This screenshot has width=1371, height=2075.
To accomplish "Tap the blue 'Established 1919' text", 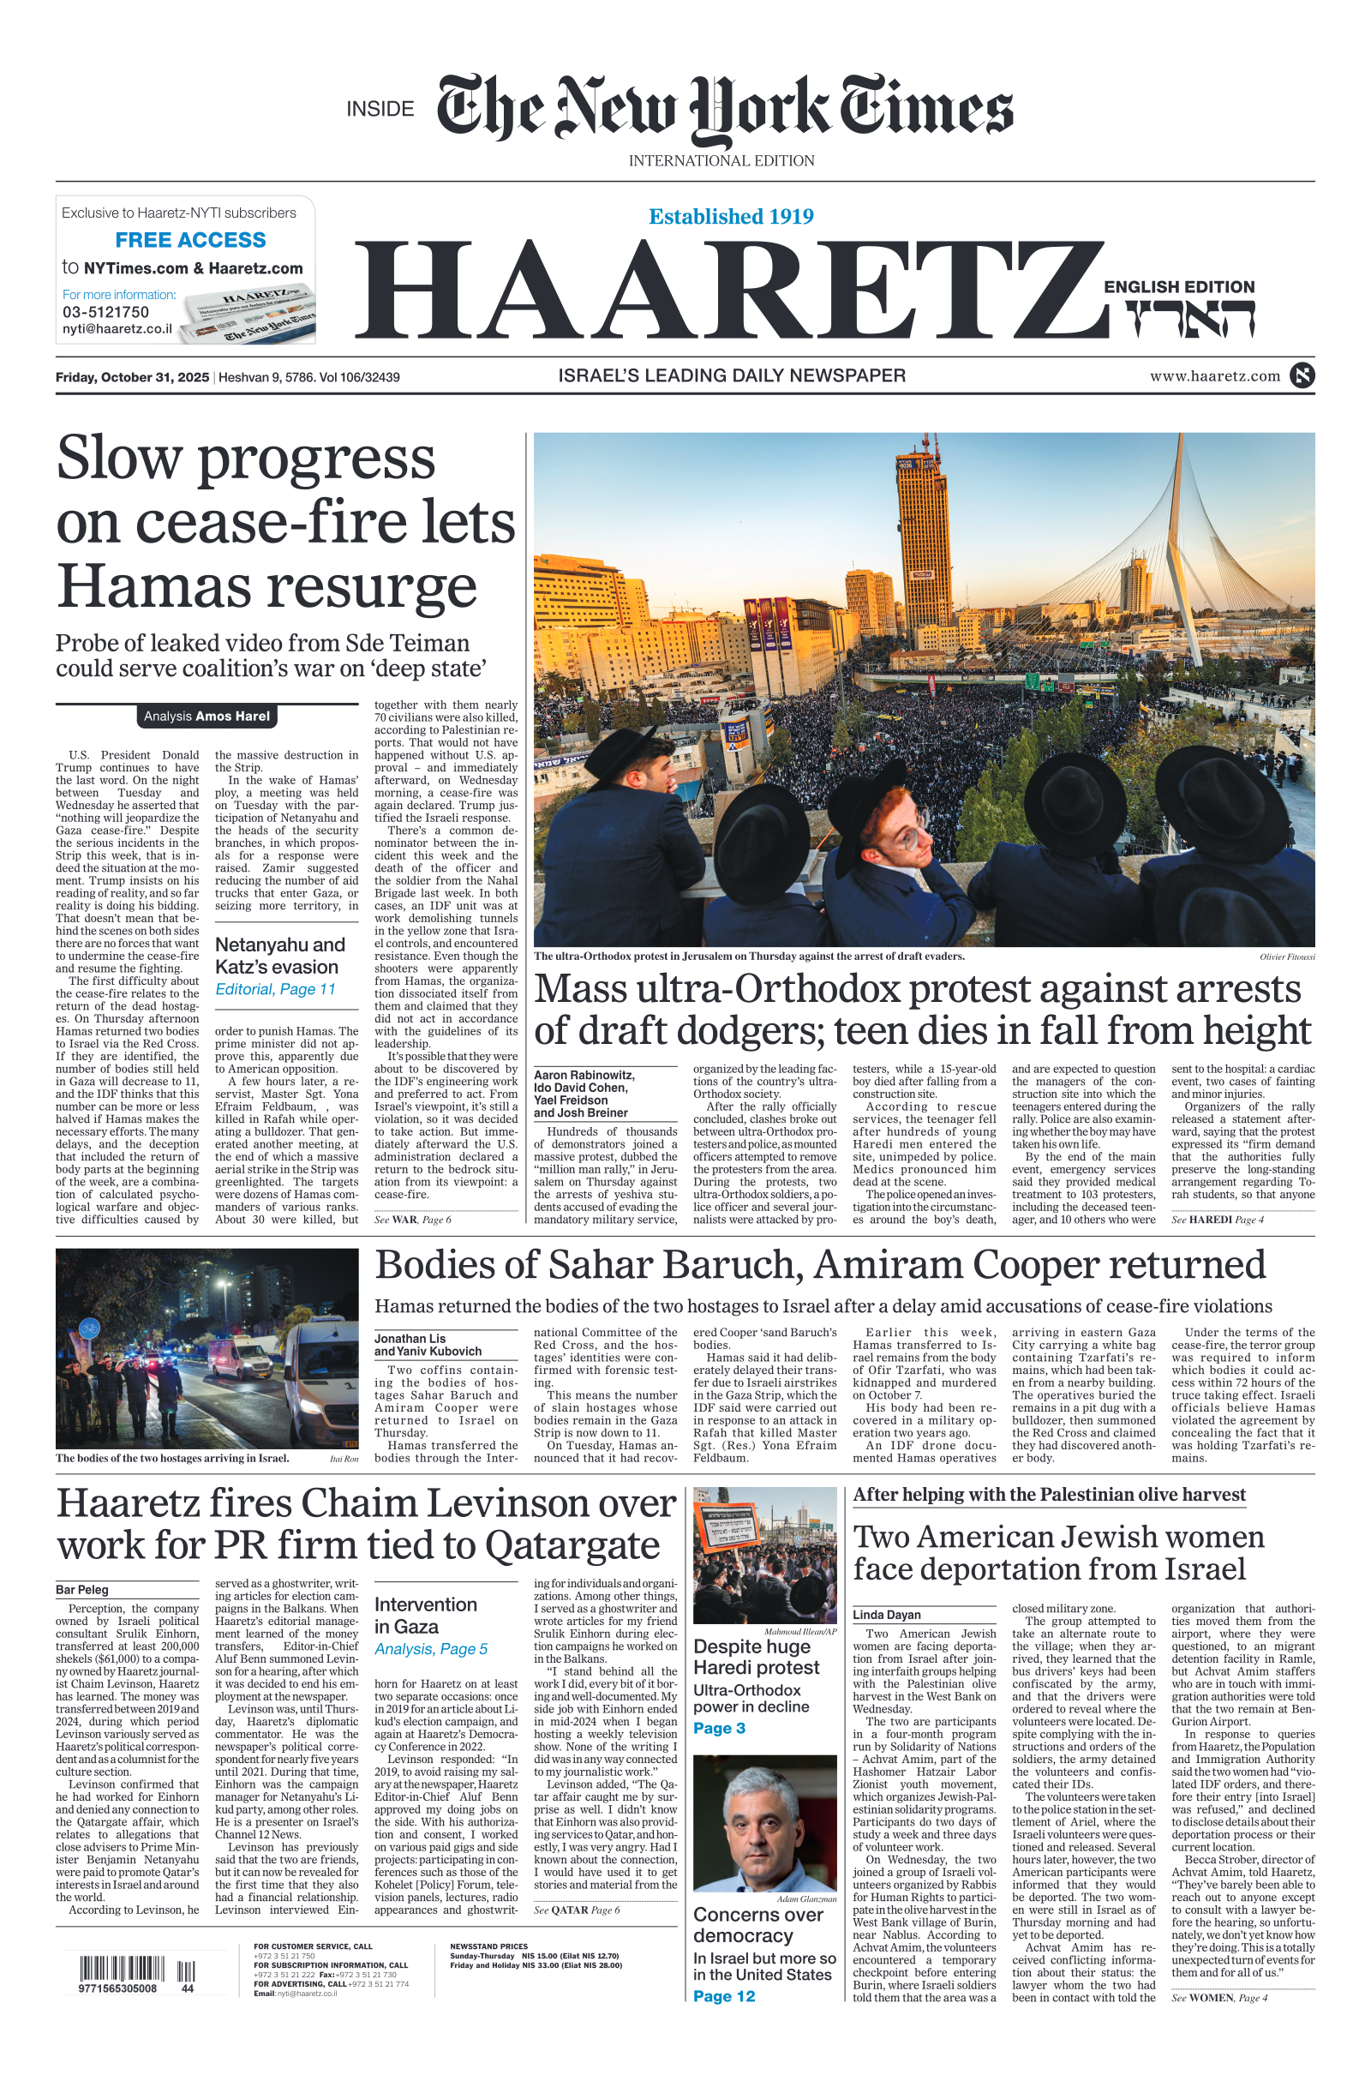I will click(731, 216).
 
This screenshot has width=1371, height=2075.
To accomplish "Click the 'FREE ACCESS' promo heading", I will click(190, 240).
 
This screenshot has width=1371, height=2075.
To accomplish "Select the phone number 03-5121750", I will click(105, 312).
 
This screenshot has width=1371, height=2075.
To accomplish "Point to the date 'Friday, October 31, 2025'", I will click(132, 377).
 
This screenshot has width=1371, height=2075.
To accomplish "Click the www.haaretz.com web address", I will click(1214, 376).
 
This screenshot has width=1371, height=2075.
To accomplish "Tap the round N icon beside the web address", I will click(1302, 376).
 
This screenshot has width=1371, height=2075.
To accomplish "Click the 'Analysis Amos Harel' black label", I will click(207, 717).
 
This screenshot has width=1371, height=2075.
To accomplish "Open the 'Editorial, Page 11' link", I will click(275, 989).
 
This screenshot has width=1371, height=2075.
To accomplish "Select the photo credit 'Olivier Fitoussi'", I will click(1287, 957).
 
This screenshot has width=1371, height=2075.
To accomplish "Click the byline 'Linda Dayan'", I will click(887, 1615).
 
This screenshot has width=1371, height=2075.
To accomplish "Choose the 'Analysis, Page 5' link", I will click(431, 1649).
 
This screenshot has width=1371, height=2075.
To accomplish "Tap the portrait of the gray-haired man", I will click(764, 1822).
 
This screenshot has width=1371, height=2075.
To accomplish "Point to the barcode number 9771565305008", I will click(117, 1989).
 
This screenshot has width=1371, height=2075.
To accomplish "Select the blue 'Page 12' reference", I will click(724, 1996).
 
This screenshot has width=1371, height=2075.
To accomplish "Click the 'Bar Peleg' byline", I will click(82, 1590).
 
